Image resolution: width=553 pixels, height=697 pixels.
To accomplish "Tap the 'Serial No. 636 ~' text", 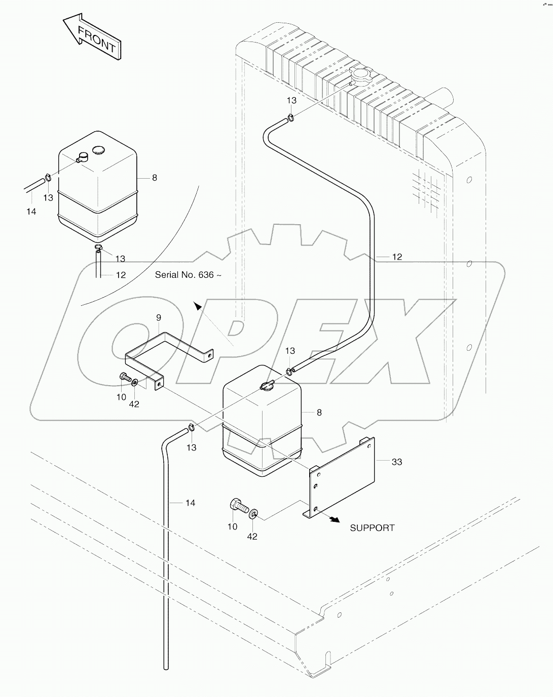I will coord(188,275).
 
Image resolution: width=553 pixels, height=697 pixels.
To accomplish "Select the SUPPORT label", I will coord(372,527).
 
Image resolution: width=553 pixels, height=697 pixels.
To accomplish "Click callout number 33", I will coord(396,462).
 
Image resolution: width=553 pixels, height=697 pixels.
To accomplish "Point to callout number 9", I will coord(159,318).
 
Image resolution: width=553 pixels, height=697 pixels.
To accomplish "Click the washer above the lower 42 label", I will coord(253,515).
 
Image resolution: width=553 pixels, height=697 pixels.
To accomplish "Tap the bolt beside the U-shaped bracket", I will coord(124,377).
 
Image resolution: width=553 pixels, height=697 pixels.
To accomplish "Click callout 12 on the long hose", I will coord(396,257).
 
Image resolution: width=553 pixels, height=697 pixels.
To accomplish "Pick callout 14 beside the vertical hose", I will coord(190,503).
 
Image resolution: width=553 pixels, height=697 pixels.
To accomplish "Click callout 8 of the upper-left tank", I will coord(155,178).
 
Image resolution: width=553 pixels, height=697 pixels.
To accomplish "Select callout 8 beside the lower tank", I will coord(319,413).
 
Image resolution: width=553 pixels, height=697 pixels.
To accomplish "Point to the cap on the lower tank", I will coord(266,386).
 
